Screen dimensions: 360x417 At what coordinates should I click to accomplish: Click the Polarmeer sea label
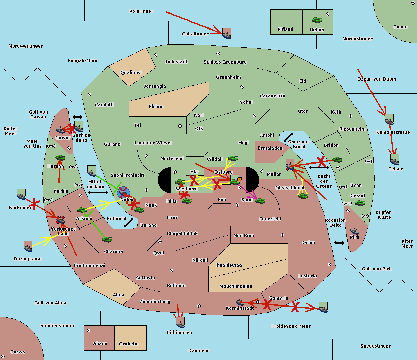pos(141,11)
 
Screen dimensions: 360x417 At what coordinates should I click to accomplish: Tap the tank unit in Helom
pos(317,20)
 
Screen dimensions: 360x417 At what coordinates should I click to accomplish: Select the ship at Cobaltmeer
pos(227,34)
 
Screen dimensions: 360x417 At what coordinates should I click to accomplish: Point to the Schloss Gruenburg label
pos(225,62)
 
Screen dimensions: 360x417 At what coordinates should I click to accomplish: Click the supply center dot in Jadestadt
pos(156,55)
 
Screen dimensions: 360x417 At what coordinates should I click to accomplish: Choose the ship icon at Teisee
pos(394,160)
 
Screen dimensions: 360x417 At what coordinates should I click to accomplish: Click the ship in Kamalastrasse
pos(389,120)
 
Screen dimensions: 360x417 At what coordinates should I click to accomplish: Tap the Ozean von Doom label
pos(376,79)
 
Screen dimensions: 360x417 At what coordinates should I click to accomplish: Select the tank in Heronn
pos(60,157)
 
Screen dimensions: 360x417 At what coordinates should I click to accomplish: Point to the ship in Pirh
pos(354,231)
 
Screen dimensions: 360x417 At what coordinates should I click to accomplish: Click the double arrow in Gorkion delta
pos(77,117)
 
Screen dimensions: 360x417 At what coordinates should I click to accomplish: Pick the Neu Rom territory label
pos(244,236)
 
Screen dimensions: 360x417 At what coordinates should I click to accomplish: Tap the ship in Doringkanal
pos(28,246)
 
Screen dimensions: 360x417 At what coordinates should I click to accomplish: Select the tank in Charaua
pos(107,239)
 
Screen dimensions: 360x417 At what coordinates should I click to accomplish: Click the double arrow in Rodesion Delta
pos(339,243)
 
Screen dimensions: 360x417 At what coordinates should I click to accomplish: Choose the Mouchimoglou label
pos(236,286)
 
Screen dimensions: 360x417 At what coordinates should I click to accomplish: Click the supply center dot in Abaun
pos(89,330)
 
